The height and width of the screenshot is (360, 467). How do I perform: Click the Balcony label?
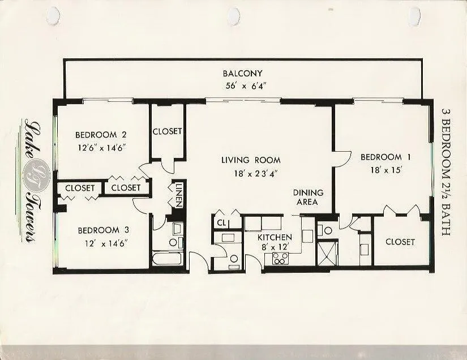[243, 73]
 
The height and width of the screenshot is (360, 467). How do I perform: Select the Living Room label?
[251, 160]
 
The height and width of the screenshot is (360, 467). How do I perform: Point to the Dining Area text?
[309, 198]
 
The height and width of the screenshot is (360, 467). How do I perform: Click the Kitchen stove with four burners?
[281, 258]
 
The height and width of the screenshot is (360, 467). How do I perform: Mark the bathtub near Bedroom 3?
[167, 259]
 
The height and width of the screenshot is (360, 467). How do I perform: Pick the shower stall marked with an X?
[328, 253]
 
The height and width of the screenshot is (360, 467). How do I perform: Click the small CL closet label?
[221, 222]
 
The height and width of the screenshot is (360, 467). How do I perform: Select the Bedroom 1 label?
[385, 157]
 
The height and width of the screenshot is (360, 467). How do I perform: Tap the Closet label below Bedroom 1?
[400, 242]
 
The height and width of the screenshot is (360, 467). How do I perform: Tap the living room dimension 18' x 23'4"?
[256, 174]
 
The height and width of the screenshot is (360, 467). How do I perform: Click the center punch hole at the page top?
[234, 14]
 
